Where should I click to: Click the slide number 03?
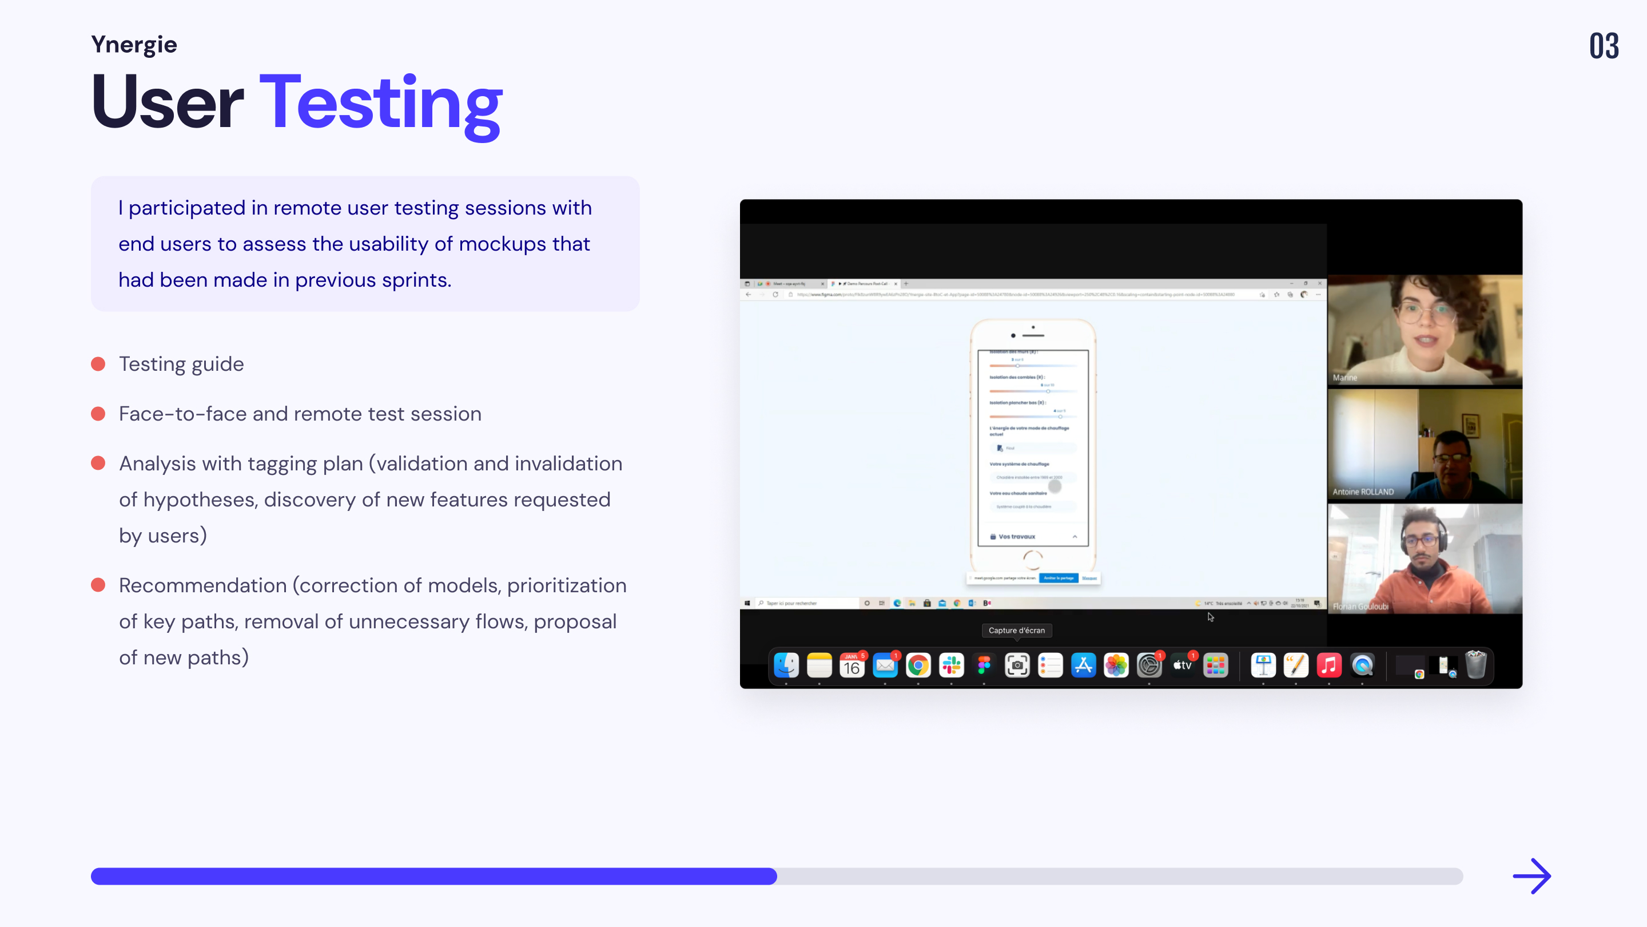(x=1604, y=46)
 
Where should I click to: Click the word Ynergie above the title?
(x=134, y=44)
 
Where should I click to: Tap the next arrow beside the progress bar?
(x=1531, y=876)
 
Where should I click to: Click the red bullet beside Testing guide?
(x=98, y=364)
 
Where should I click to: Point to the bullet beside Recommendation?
(x=98, y=585)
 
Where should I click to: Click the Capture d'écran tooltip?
(x=1017, y=630)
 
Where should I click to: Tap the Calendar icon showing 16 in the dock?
(x=852, y=666)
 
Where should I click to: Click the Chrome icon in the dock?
(x=918, y=666)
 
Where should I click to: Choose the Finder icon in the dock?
(x=786, y=666)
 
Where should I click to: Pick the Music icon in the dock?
(x=1328, y=666)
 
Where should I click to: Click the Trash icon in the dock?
(x=1475, y=665)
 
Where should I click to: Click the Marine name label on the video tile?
(x=1344, y=378)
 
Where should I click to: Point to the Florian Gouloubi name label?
(x=1360, y=607)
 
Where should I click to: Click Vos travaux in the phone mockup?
(x=1017, y=537)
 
